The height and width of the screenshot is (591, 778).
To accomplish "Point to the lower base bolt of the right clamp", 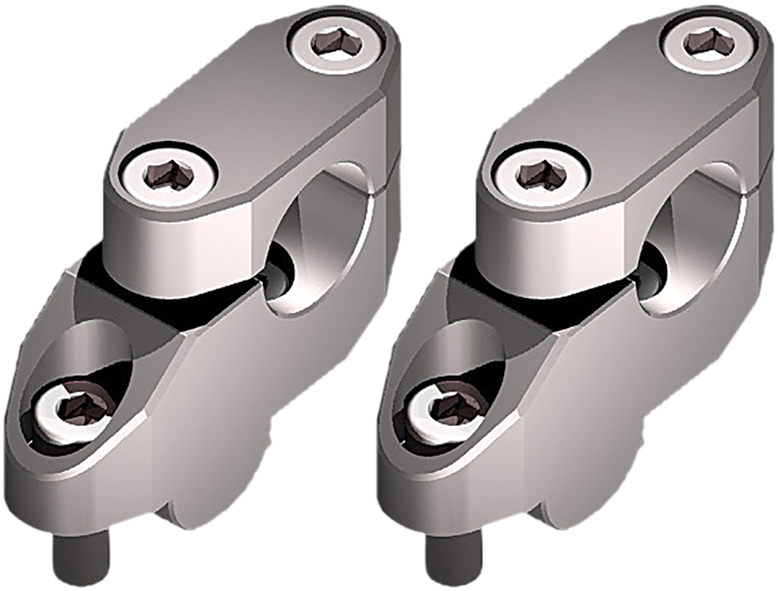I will point(448,410).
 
